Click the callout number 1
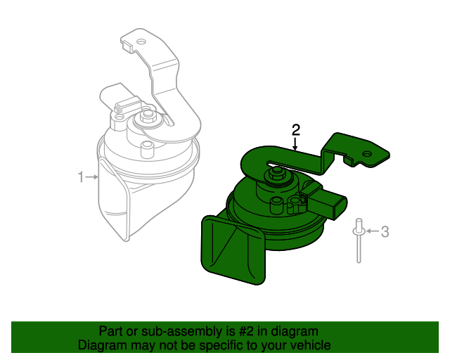coord(81,176)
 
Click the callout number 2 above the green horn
coord(296,129)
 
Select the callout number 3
coord(385,231)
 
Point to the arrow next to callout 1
coord(93,177)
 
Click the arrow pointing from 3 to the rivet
coord(372,231)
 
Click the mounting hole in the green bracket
coord(366,153)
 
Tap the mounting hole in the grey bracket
coord(141,42)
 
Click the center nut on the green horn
coord(277,172)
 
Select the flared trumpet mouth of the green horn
coord(232,250)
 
